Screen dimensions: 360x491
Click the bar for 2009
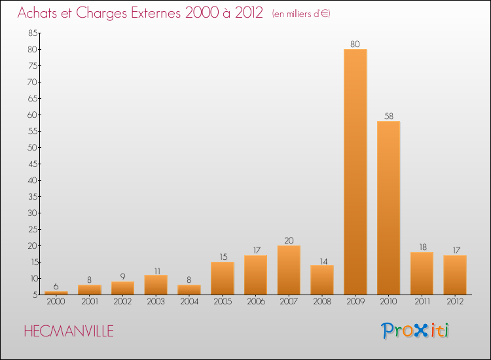[x=355, y=171]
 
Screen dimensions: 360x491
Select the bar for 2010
[x=388, y=207]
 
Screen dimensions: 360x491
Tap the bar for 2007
[x=289, y=270]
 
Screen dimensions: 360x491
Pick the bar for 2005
[x=223, y=278]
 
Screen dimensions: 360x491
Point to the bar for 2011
[x=422, y=273]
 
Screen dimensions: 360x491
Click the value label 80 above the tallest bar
[x=355, y=45]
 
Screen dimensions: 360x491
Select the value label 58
[x=388, y=117]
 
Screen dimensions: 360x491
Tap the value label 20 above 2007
[x=289, y=240]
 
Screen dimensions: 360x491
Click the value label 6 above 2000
[x=56, y=287]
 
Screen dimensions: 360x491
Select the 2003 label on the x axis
[x=156, y=302]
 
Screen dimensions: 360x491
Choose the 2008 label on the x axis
[x=322, y=302]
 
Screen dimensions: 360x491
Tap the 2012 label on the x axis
[x=455, y=302]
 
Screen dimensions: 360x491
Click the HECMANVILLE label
[x=68, y=331]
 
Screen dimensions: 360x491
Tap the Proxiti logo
[x=416, y=331]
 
